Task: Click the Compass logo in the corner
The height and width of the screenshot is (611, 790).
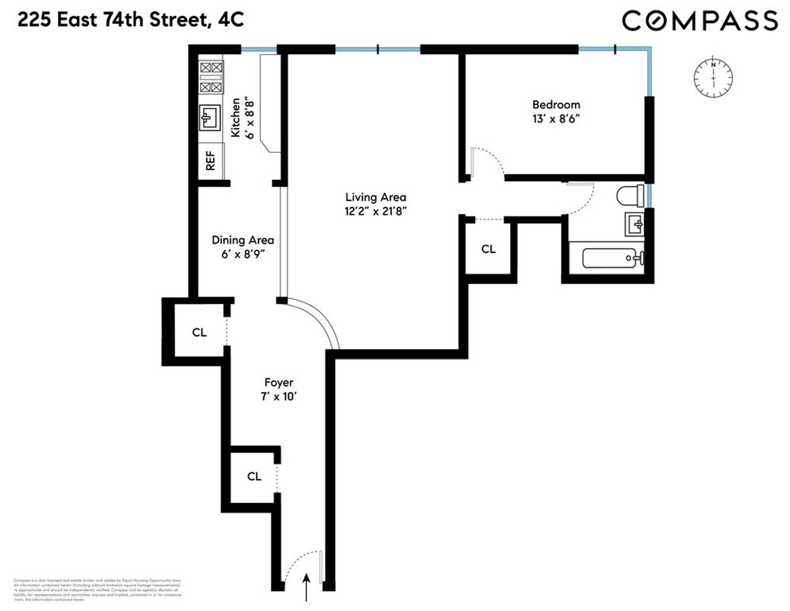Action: coord(700,21)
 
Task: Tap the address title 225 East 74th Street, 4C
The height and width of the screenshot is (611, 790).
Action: coord(130,20)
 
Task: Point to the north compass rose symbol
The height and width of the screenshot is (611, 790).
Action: coord(712,78)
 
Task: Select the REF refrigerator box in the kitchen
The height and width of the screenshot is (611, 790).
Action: coord(211,161)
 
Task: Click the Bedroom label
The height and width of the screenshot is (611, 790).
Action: coord(556,104)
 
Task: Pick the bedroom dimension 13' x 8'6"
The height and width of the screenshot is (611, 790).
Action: coord(556,119)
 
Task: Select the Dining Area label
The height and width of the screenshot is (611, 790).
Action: coord(242,241)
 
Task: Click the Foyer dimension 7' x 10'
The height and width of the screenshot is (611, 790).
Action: coord(278,397)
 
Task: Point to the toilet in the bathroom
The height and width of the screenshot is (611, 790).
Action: coord(631,196)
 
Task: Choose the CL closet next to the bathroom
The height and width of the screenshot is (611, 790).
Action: coord(488,249)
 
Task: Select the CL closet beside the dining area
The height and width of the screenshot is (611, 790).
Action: coord(199,332)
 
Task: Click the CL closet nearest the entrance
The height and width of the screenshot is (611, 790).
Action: coord(254,476)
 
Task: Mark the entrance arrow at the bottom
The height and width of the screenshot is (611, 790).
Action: coord(306,587)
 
